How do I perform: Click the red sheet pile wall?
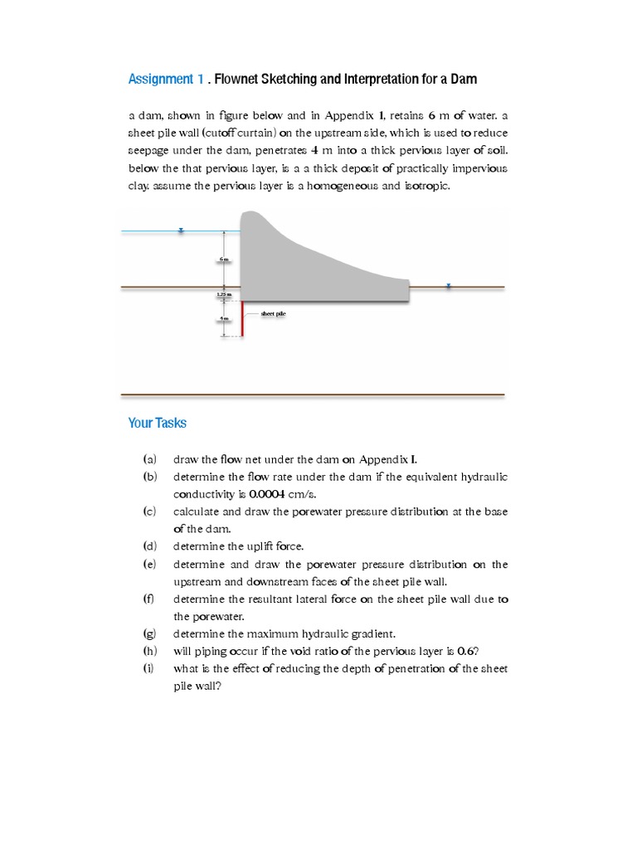click(x=241, y=319)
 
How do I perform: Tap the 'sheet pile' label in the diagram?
click(x=273, y=314)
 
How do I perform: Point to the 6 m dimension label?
click(x=223, y=260)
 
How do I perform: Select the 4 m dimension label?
click(x=223, y=318)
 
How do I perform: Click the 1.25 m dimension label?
click(x=223, y=294)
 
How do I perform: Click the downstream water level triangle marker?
click(x=448, y=286)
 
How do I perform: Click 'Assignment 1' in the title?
click(x=166, y=80)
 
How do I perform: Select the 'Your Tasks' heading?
click(x=158, y=423)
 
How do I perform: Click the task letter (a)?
click(x=149, y=458)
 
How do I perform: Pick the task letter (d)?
click(x=149, y=546)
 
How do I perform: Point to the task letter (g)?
click(x=149, y=634)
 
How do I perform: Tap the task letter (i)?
click(x=149, y=669)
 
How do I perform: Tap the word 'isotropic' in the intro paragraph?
click(x=426, y=187)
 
